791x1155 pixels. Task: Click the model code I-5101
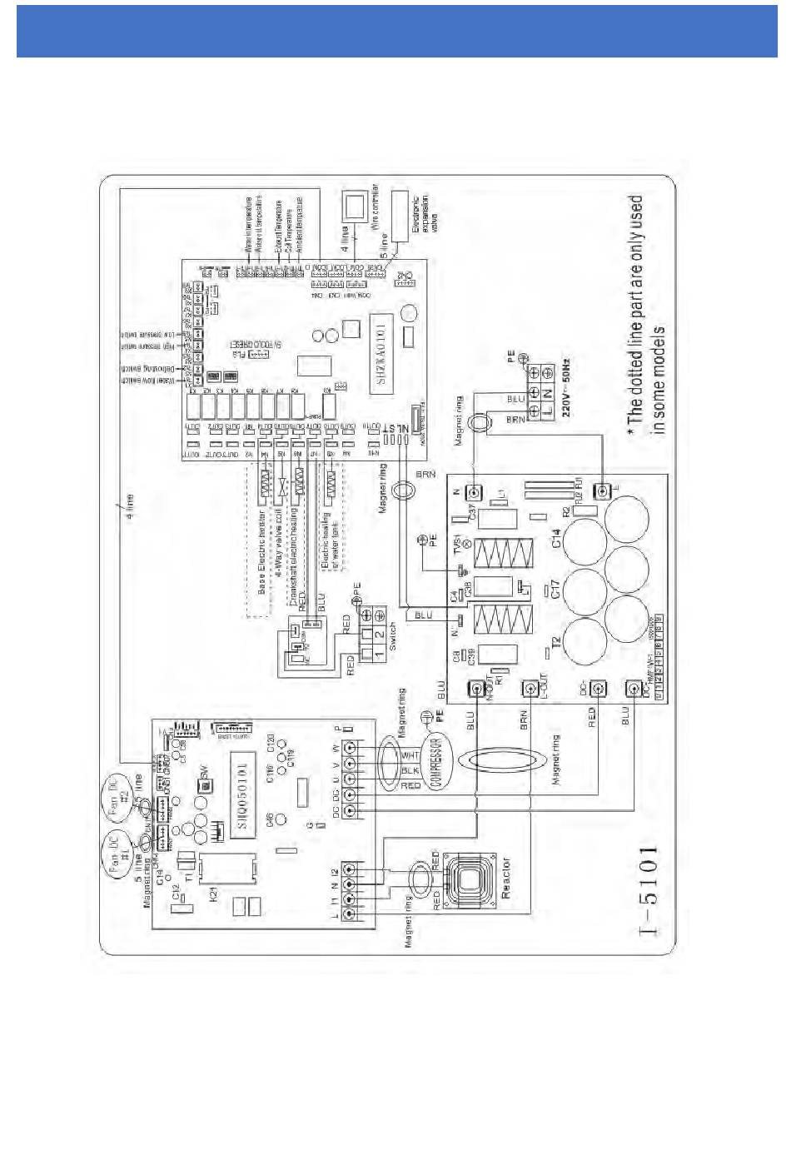coord(650,891)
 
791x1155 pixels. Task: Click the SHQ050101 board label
coord(241,796)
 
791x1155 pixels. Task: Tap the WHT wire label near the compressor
coord(410,755)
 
